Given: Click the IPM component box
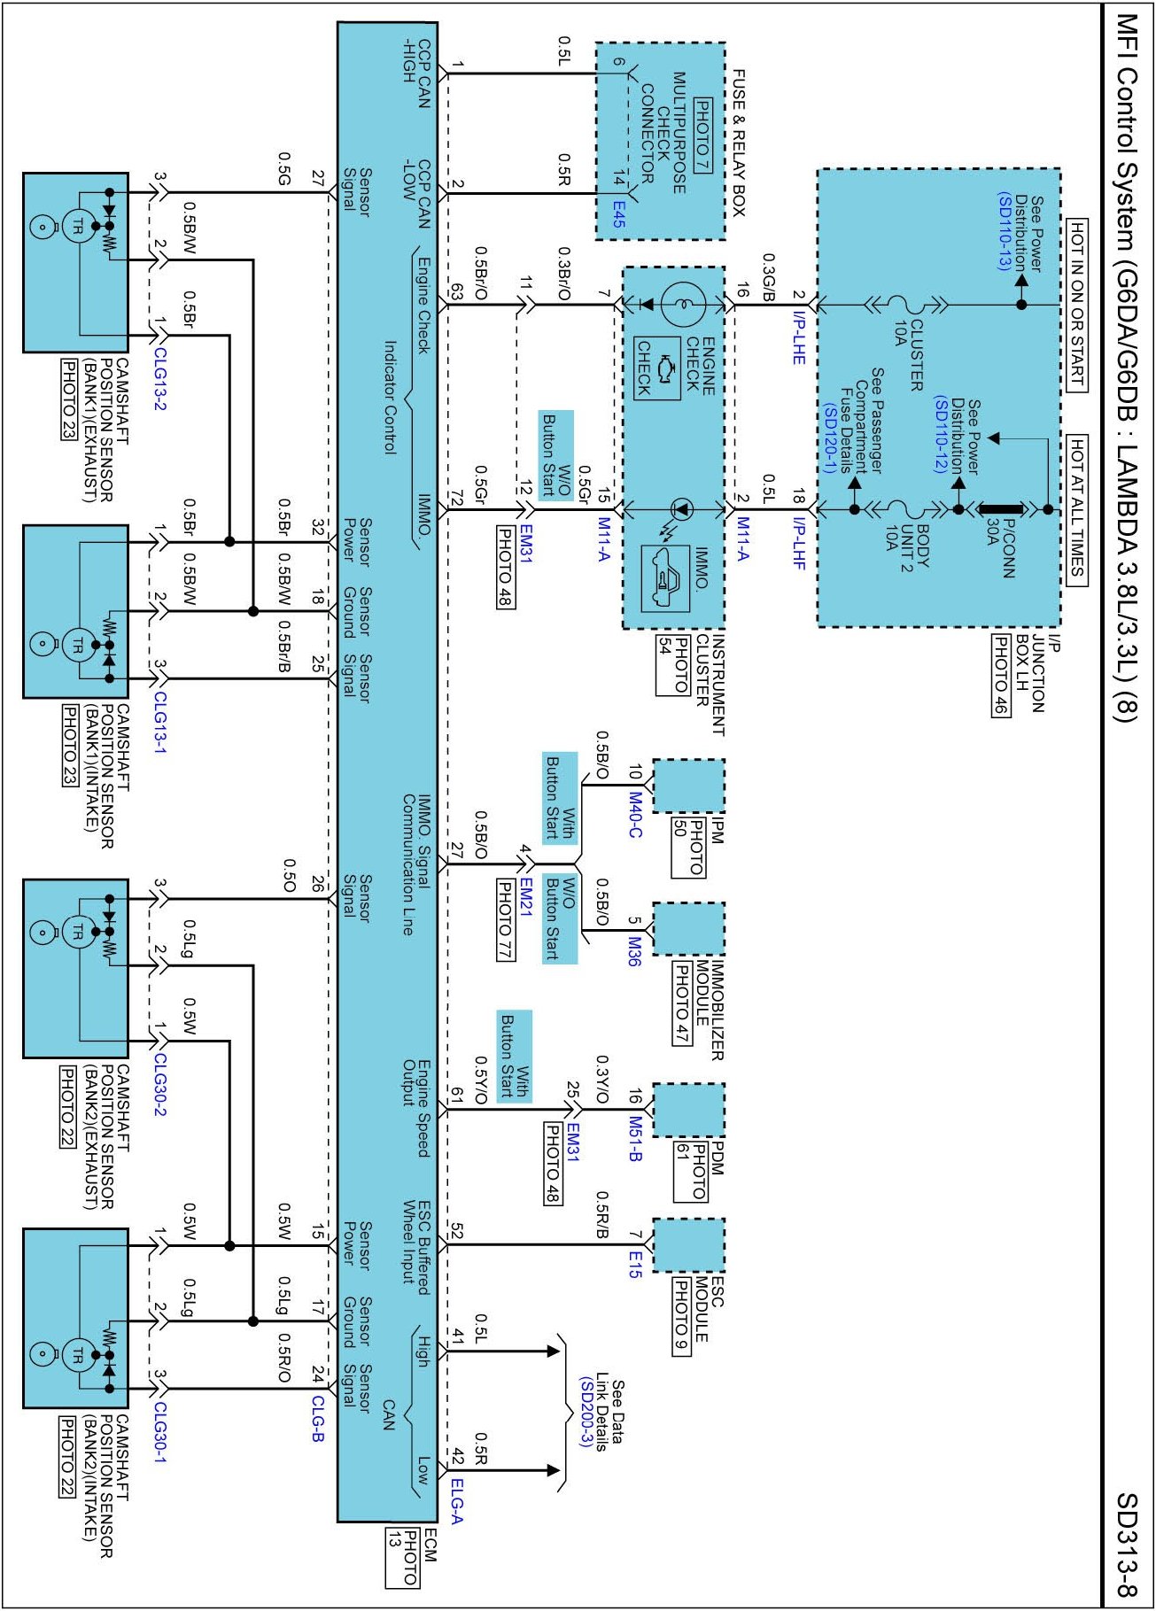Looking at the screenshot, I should [x=688, y=785].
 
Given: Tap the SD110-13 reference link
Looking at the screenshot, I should [x=1004, y=232].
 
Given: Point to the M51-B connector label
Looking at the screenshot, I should [x=635, y=1139].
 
